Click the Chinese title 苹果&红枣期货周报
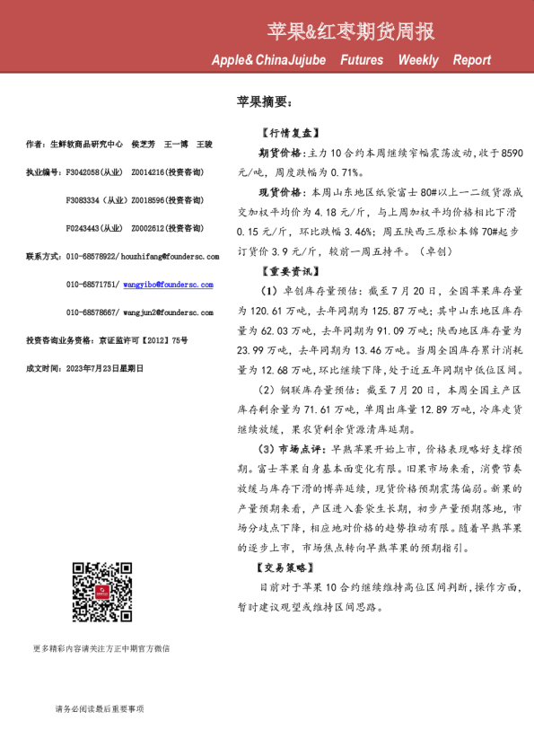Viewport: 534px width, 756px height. click(x=351, y=32)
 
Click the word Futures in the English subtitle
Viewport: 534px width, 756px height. click(x=362, y=60)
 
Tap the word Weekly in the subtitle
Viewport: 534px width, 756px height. click(x=418, y=60)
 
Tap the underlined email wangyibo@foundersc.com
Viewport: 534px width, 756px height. click(x=168, y=284)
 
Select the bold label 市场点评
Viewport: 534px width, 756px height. click(x=305, y=447)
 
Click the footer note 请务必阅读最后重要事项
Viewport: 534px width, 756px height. click(x=99, y=709)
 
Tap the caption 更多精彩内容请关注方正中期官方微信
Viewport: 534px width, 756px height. click(x=101, y=648)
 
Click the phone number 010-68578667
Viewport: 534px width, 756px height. click(x=92, y=312)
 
